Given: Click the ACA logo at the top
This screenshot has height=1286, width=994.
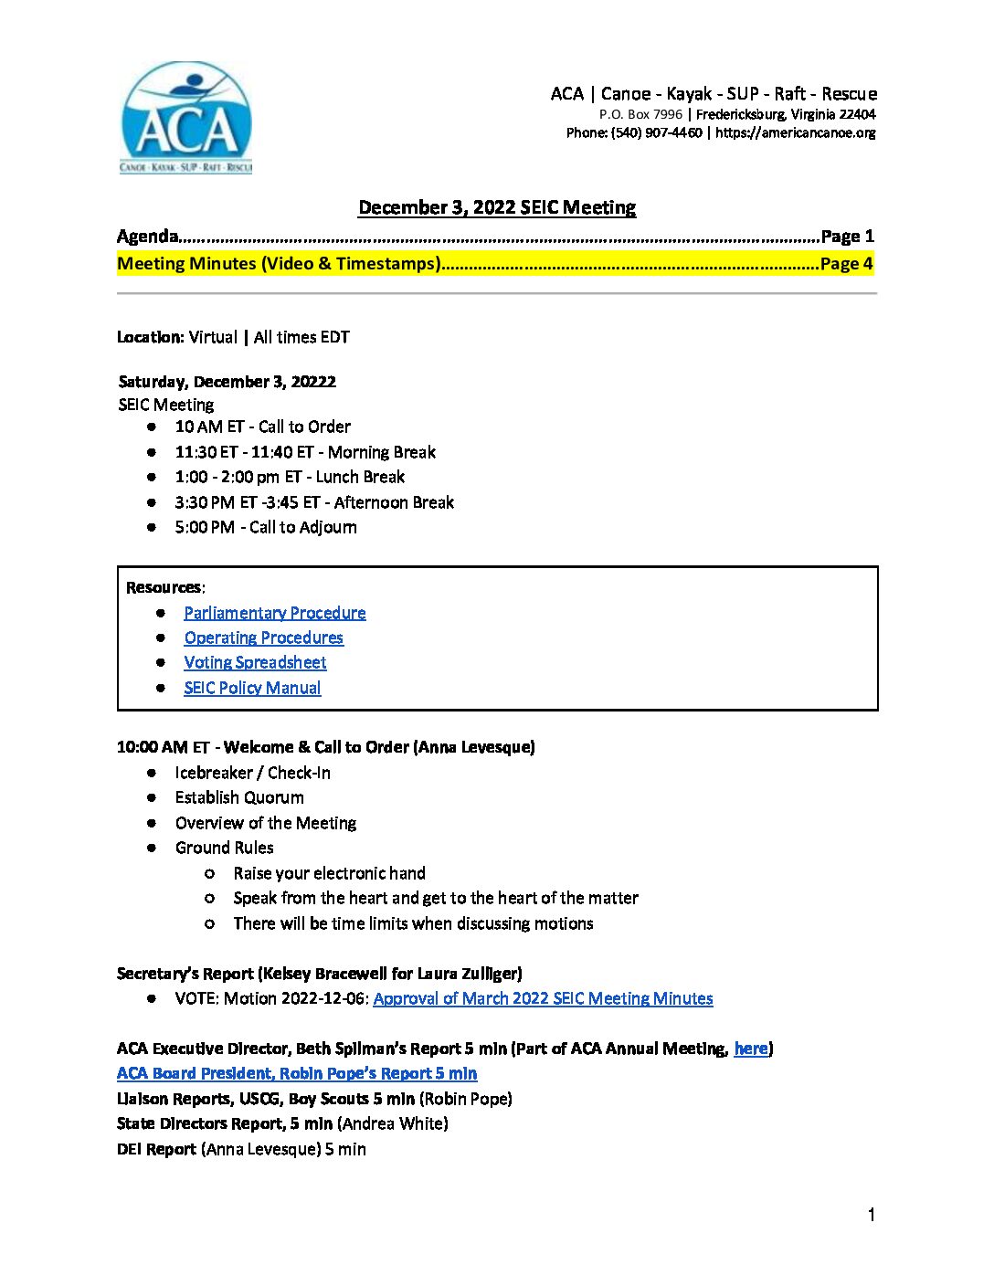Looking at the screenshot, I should click(x=186, y=118).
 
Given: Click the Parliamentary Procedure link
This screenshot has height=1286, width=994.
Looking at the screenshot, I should click(x=274, y=613).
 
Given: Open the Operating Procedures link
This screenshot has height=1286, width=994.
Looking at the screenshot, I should click(x=263, y=638).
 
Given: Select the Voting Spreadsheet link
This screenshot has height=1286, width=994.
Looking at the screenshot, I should click(x=255, y=662).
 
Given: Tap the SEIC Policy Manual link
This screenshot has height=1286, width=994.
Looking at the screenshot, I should click(x=252, y=688).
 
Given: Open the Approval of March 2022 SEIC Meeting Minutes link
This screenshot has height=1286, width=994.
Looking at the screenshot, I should click(x=543, y=998).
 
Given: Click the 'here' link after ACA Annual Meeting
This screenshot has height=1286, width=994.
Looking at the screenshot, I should click(x=751, y=1049).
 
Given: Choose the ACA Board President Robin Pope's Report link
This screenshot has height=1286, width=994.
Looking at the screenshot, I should click(x=297, y=1073).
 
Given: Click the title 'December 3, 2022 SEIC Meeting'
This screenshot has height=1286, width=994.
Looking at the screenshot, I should click(x=497, y=207).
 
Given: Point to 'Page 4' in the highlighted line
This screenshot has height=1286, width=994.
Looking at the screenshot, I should click(x=846, y=264).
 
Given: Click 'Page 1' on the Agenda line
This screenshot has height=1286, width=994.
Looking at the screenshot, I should click(x=847, y=237).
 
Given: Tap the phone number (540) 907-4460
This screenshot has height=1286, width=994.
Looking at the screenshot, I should click(x=656, y=132).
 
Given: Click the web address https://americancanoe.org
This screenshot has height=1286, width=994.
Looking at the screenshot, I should click(x=795, y=132).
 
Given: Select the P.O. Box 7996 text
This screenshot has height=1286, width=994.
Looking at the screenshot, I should click(x=640, y=114).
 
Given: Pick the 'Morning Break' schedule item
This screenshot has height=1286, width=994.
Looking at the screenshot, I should click(x=382, y=452).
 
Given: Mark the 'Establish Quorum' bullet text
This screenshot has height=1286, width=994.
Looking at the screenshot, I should click(x=239, y=797).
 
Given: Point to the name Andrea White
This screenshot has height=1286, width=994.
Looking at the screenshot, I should click(x=395, y=1123).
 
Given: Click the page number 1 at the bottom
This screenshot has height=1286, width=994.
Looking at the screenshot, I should click(x=872, y=1215).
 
